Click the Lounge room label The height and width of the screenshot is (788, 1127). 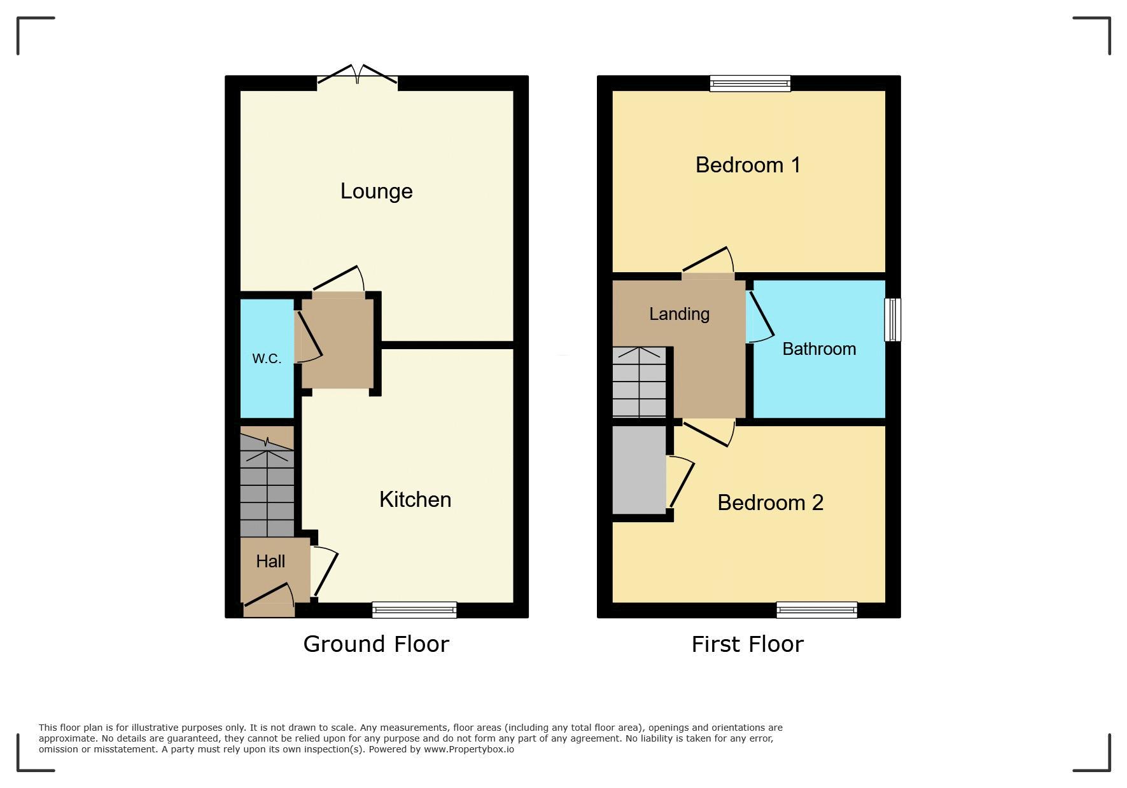point(376,191)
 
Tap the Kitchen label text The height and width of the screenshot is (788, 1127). point(415,499)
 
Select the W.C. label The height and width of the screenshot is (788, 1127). point(267,358)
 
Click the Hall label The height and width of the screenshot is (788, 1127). point(270,561)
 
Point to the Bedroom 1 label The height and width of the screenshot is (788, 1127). point(748,165)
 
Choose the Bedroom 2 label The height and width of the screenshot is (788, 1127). point(770,502)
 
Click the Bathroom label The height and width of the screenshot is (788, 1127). point(819,349)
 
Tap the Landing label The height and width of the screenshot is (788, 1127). point(679,314)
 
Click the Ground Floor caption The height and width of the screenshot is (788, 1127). point(376,644)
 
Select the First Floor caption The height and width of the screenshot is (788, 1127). point(748,644)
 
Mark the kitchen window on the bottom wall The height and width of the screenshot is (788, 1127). point(414,610)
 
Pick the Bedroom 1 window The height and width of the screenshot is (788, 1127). point(750,83)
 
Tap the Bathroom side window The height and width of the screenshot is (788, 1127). point(893,319)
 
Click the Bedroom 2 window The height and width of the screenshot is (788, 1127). point(816,610)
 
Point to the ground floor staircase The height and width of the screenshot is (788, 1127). point(267,485)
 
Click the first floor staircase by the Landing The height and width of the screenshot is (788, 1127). point(639,382)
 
